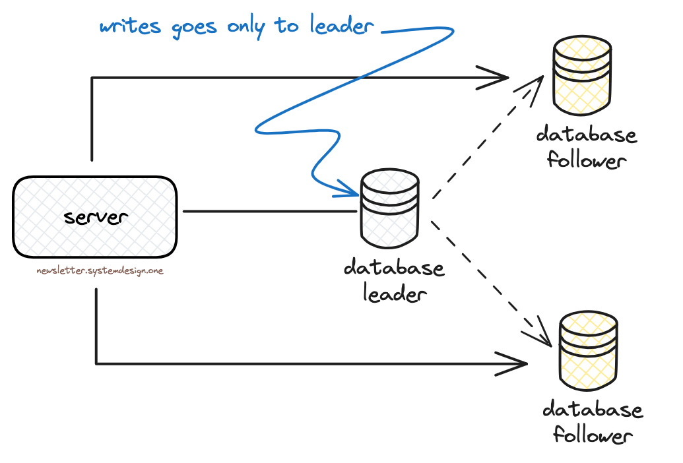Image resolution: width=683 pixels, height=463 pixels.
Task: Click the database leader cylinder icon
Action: click(389, 208)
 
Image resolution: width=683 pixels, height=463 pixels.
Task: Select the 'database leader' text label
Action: click(394, 281)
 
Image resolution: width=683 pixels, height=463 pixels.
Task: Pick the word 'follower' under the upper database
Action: click(586, 160)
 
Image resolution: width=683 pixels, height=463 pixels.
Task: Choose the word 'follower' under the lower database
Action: click(593, 436)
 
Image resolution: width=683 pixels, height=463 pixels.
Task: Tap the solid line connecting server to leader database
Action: click(271, 212)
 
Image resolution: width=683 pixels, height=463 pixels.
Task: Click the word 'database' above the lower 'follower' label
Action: click(592, 410)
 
